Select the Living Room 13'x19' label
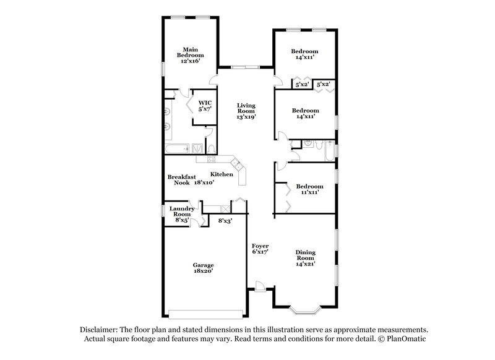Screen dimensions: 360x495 click(x=246, y=111)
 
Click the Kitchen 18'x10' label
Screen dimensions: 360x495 click(x=214, y=178)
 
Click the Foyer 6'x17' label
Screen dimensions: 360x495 click(x=260, y=249)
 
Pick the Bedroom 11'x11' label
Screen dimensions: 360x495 click(x=308, y=189)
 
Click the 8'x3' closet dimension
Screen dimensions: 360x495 click(x=225, y=220)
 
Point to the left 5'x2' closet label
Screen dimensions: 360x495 click(x=302, y=84)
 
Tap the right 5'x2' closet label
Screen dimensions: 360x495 click(x=323, y=84)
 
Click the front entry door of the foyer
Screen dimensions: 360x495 click(x=260, y=285)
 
